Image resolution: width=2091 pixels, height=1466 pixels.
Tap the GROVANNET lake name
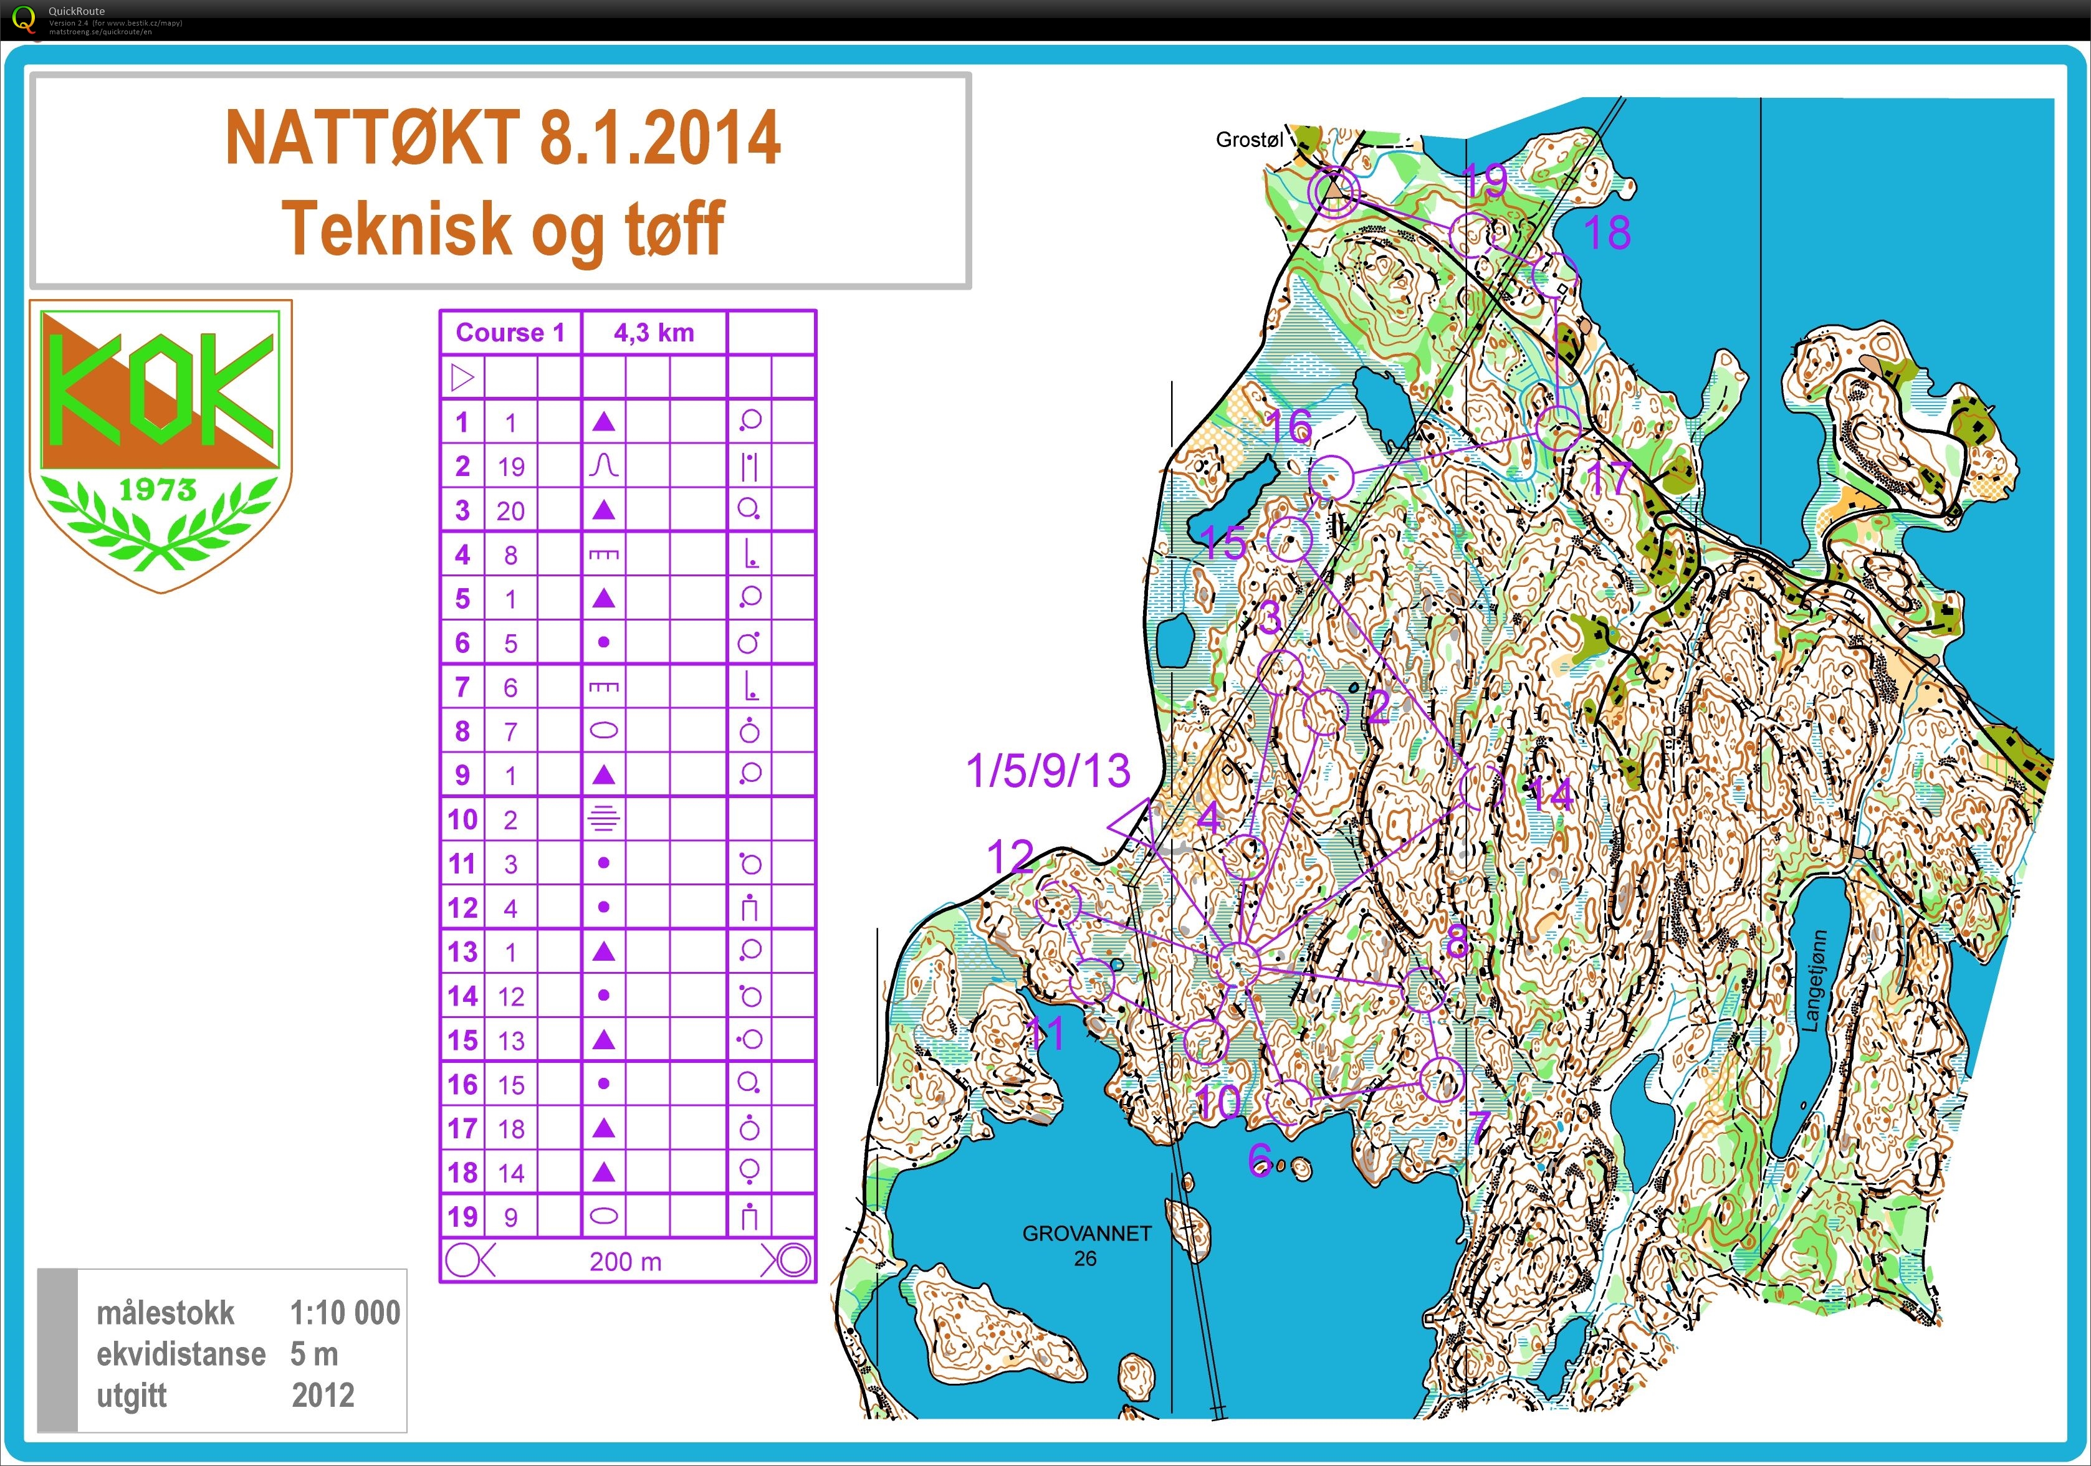[1086, 1234]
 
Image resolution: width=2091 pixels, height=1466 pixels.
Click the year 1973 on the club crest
[158, 490]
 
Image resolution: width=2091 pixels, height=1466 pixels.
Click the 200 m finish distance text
[626, 1262]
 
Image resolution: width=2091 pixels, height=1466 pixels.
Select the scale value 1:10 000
[344, 1313]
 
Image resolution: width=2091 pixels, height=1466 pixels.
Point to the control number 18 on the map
[1607, 233]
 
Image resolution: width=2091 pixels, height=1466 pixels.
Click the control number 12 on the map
[1010, 856]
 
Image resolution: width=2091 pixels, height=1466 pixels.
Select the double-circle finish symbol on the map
[1333, 192]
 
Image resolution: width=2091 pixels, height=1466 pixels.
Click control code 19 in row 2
[511, 467]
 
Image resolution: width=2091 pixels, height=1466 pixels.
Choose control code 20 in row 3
[511, 511]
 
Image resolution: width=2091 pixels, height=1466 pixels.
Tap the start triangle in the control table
[462, 377]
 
